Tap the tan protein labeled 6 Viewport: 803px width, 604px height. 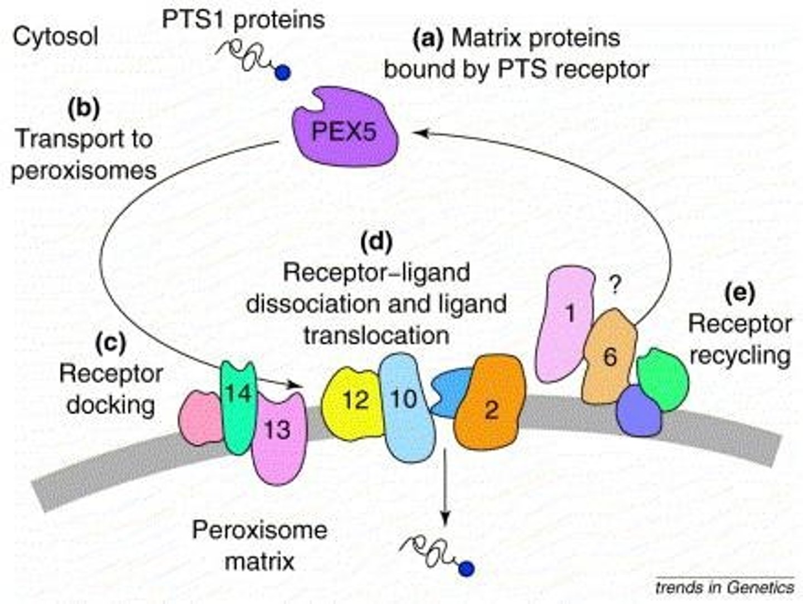(x=609, y=357)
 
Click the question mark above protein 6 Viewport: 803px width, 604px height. (x=614, y=286)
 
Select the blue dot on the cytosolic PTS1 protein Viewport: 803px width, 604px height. (x=283, y=72)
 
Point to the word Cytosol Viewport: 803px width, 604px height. (x=55, y=37)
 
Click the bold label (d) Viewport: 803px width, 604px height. (x=376, y=243)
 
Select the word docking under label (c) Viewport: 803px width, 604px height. (x=110, y=405)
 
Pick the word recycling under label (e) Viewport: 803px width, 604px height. (x=740, y=355)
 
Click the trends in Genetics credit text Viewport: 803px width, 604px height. (x=724, y=587)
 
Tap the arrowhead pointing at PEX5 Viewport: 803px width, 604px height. (x=418, y=133)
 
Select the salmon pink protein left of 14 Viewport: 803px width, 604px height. (x=201, y=418)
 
